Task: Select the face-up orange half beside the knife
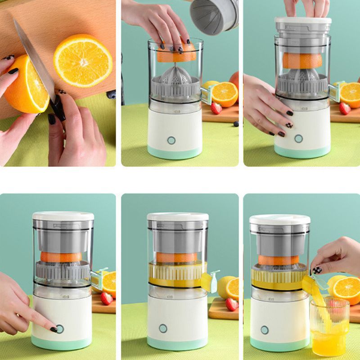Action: [x=83, y=60]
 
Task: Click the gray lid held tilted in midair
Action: [x=213, y=16]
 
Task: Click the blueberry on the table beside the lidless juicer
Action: [x=236, y=124]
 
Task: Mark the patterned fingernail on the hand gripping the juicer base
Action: [x=289, y=125]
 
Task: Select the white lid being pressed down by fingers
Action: [x=303, y=21]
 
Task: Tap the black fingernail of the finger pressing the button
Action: [x=54, y=330]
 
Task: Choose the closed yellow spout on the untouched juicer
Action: [x=209, y=281]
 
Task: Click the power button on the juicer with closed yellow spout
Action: [x=163, y=328]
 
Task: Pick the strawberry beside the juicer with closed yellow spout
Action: [x=232, y=305]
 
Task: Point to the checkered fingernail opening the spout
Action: [x=317, y=270]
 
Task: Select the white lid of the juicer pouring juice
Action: [x=280, y=220]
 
